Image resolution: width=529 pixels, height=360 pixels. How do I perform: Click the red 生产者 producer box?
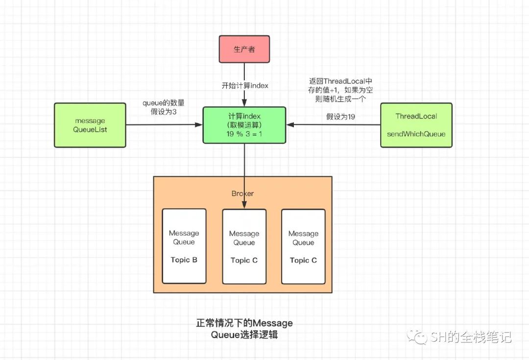click(244, 49)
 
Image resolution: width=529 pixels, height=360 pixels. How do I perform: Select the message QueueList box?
click(90, 125)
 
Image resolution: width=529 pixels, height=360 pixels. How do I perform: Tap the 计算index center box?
click(244, 125)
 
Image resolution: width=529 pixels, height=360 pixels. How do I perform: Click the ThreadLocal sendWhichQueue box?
click(416, 125)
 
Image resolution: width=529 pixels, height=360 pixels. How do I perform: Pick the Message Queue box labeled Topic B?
click(184, 246)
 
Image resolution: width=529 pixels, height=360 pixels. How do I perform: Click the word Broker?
click(242, 193)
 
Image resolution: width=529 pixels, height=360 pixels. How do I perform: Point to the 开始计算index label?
click(245, 86)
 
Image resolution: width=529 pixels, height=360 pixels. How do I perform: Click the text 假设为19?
click(340, 117)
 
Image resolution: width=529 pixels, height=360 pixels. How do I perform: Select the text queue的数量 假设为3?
click(164, 107)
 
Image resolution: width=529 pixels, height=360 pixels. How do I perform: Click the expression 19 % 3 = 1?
click(244, 134)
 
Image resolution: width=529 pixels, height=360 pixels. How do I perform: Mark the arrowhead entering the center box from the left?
click(199, 125)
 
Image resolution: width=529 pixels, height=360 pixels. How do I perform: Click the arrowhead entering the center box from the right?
click(290, 125)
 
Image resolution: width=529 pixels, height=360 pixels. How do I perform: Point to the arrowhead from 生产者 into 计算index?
click(244, 103)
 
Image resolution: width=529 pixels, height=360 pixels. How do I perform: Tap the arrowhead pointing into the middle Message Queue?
click(244, 205)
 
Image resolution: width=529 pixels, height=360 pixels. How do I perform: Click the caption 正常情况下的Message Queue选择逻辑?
click(244, 329)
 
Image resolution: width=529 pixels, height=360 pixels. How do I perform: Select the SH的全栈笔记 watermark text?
click(471, 337)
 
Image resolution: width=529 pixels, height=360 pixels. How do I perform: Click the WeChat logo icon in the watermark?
click(417, 336)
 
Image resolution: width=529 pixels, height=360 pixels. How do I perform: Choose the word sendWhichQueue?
click(416, 134)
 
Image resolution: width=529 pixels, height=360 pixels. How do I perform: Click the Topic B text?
click(184, 260)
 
